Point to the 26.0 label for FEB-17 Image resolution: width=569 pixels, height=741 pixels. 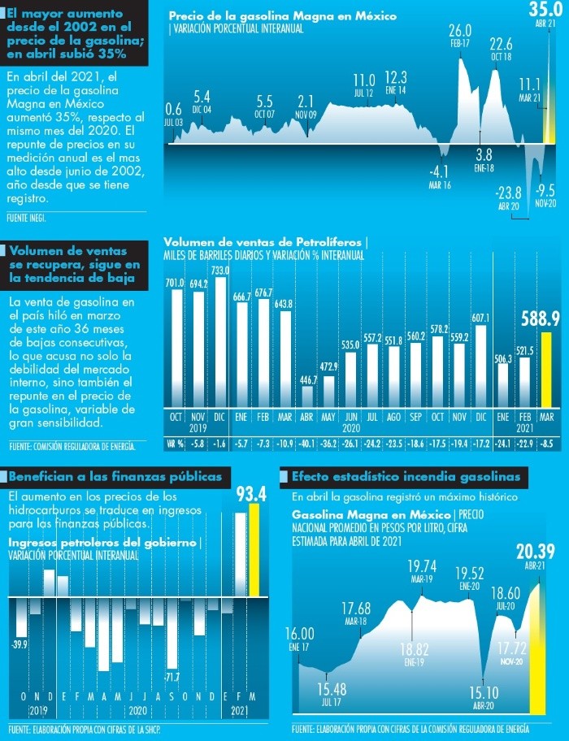460,32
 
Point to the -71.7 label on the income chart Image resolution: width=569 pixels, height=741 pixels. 172,676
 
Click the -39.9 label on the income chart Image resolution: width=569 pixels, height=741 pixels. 20,644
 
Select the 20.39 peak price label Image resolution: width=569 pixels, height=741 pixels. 535,552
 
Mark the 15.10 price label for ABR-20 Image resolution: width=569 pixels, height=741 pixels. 485,693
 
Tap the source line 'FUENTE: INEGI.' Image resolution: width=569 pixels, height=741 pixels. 25,218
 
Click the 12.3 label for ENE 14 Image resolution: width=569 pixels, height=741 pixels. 396,78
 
